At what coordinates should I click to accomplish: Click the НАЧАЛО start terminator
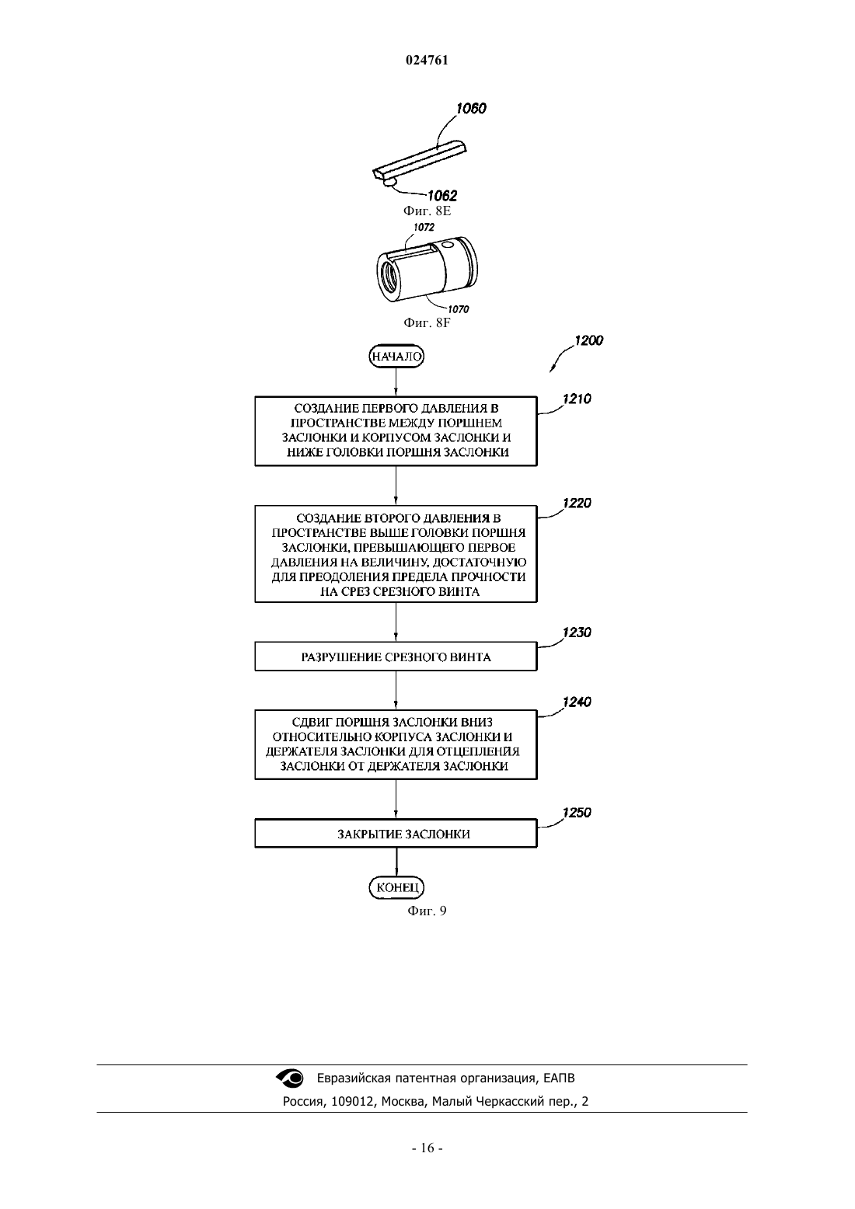396,356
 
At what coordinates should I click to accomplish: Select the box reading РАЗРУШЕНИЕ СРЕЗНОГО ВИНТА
396,657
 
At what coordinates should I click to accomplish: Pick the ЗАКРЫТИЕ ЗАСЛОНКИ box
396,834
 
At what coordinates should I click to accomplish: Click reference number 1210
577,399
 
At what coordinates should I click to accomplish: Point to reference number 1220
577,503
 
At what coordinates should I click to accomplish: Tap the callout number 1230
577,632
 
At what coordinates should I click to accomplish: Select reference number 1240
577,702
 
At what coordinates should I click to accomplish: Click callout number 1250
577,812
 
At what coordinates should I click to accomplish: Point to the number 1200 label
589,340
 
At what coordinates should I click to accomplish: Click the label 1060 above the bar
471,109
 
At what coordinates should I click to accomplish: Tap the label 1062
442,195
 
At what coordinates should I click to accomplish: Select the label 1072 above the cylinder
424,227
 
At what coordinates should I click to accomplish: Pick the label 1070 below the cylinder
459,309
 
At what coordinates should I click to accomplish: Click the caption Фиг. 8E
427,211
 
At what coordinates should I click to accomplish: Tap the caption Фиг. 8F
427,322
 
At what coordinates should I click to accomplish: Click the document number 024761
427,60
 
